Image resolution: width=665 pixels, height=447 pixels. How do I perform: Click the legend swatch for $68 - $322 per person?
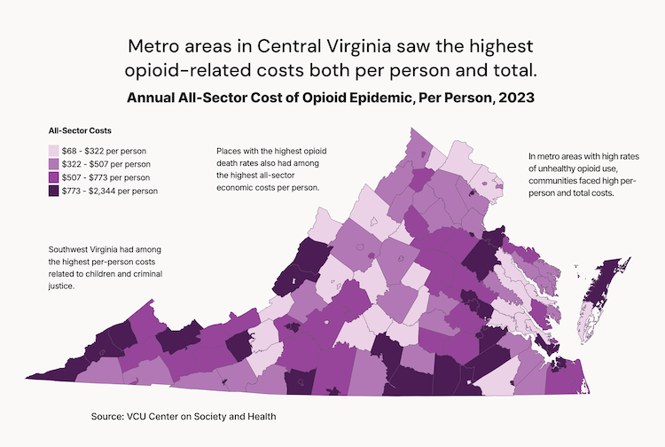click(x=54, y=151)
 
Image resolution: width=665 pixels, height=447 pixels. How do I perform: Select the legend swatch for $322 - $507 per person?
click(x=54, y=164)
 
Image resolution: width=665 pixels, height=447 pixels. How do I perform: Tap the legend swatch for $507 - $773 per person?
click(x=54, y=177)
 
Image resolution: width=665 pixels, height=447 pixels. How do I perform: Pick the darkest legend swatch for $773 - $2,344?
click(x=54, y=191)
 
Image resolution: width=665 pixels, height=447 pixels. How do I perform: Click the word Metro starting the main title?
click(x=153, y=45)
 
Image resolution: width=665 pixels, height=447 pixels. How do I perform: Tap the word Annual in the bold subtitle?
click(x=153, y=98)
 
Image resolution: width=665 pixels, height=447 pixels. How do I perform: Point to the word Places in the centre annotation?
click(x=230, y=152)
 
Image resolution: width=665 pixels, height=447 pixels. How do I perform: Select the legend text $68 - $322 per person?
click(x=106, y=151)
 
